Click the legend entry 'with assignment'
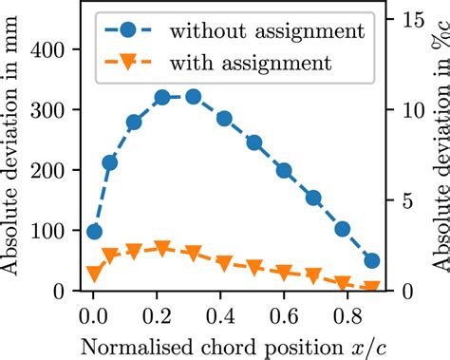click(251, 64)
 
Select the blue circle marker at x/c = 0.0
click(94, 232)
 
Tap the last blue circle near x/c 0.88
click(372, 260)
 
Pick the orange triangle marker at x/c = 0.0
click(94, 274)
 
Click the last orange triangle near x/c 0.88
click(372, 286)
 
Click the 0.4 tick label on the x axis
click(220, 312)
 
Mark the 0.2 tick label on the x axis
click(157, 312)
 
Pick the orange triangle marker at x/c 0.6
click(283, 273)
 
